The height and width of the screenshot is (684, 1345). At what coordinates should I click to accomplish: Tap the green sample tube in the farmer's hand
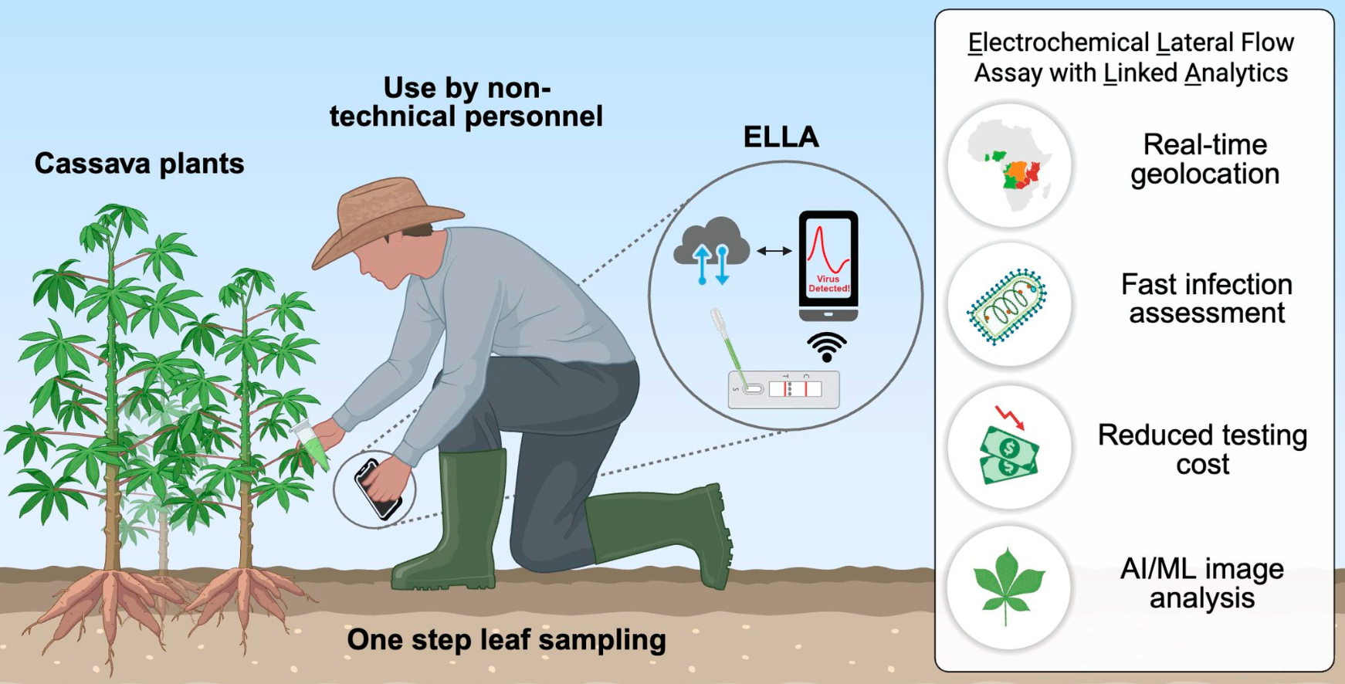pos(312,445)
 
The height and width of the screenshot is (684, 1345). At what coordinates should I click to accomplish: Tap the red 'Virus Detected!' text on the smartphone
pos(828,283)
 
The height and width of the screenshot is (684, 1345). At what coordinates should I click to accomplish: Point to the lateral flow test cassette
pos(784,389)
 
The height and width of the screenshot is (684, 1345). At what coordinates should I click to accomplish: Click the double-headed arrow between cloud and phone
pos(774,250)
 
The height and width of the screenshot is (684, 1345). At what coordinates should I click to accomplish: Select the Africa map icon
pos(1010,164)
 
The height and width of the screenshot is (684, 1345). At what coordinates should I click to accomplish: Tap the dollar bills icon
pos(1009,455)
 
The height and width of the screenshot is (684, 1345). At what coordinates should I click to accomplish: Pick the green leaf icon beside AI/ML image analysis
pos(1008,584)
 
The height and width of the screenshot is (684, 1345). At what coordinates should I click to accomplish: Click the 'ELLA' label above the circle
pos(781,137)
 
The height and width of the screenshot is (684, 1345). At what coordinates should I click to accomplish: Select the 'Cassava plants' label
pos(139,164)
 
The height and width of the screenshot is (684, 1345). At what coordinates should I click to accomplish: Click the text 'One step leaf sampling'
pos(506,640)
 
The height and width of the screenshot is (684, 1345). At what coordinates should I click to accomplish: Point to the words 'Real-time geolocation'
pos(1204,159)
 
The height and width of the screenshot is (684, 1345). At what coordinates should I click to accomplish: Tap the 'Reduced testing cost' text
pos(1202,449)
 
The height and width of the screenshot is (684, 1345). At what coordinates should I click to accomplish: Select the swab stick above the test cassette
pos(727,347)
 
